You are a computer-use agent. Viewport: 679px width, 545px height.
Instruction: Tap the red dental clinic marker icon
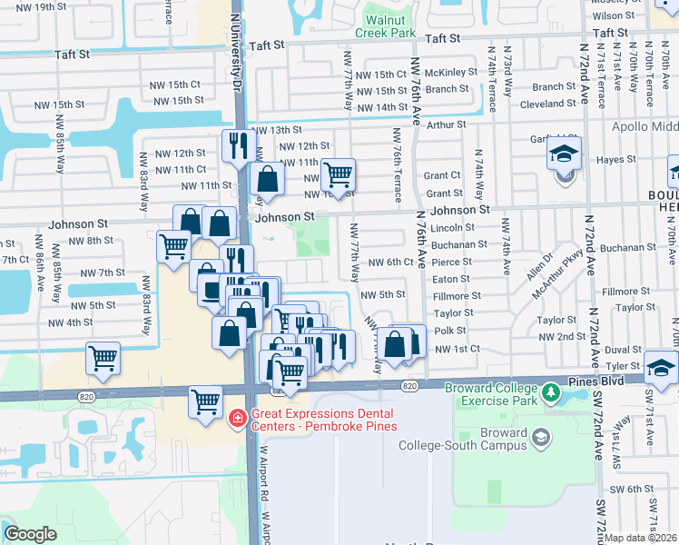237,418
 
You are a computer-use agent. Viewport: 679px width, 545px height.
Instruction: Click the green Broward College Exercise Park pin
550,393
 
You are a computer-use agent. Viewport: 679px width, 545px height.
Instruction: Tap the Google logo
30,534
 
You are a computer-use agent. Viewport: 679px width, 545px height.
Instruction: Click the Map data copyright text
640,538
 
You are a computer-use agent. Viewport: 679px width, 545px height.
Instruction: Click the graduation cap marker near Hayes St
563,157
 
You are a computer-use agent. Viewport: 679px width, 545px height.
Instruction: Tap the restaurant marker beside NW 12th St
238,145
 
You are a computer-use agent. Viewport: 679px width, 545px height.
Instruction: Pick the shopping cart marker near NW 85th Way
103,358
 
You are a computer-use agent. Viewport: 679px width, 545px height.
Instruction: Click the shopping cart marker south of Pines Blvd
206,401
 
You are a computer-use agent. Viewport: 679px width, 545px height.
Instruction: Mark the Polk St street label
449,331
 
